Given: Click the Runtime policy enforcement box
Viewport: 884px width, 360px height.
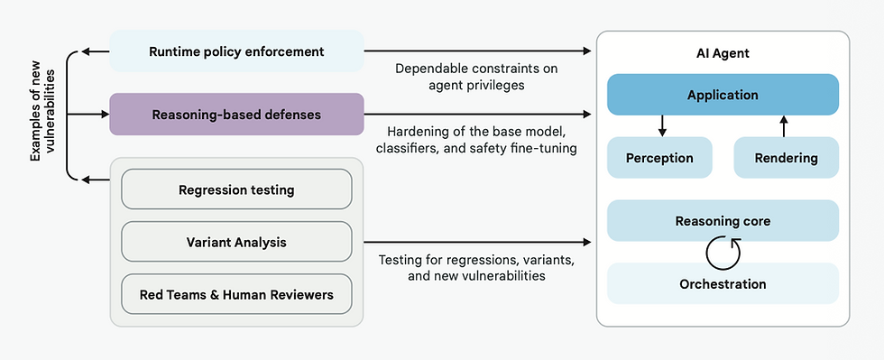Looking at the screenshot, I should pos(236,51).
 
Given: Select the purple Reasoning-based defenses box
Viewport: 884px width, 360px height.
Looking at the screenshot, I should pos(236,115).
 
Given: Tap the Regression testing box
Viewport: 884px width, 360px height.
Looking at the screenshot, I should pos(236,190).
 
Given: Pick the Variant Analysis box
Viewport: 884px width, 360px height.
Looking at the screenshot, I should pos(236,242).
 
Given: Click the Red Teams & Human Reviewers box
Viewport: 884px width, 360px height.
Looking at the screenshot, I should pos(236,294).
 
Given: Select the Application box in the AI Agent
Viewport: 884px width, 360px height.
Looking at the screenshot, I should pos(723,95).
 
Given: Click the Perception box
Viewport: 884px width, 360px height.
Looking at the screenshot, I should pos(659,158).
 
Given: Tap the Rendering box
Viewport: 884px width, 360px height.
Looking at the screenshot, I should pos(786,158).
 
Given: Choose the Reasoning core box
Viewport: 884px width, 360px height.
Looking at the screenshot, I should pos(723,221).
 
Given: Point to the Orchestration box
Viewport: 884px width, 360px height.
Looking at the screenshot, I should pos(723,284).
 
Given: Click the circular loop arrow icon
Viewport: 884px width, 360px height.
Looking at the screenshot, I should pos(723,254).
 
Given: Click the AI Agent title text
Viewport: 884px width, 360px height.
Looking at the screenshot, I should pos(723,54).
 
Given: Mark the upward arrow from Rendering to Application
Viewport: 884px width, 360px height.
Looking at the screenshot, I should pos(784,125).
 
